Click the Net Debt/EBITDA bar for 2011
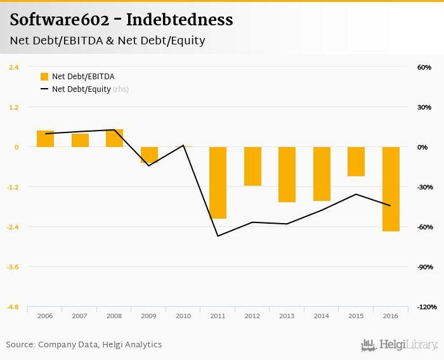click(218, 183)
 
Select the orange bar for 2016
click(391, 189)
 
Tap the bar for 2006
click(45, 139)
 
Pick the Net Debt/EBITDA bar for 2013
click(287, 174)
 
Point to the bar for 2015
click(356, 162)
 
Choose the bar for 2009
click(149, 155)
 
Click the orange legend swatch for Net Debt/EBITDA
click(44, 77)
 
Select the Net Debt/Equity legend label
click(81, 89)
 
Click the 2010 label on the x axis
click(183, 316)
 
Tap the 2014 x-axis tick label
click(321, 316)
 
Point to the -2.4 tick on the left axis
click(13, 227)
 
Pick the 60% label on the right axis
click(424, 67)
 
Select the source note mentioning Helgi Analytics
click(84, 345)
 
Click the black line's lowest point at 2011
click(218, 236)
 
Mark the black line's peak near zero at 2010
click(183, 145)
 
